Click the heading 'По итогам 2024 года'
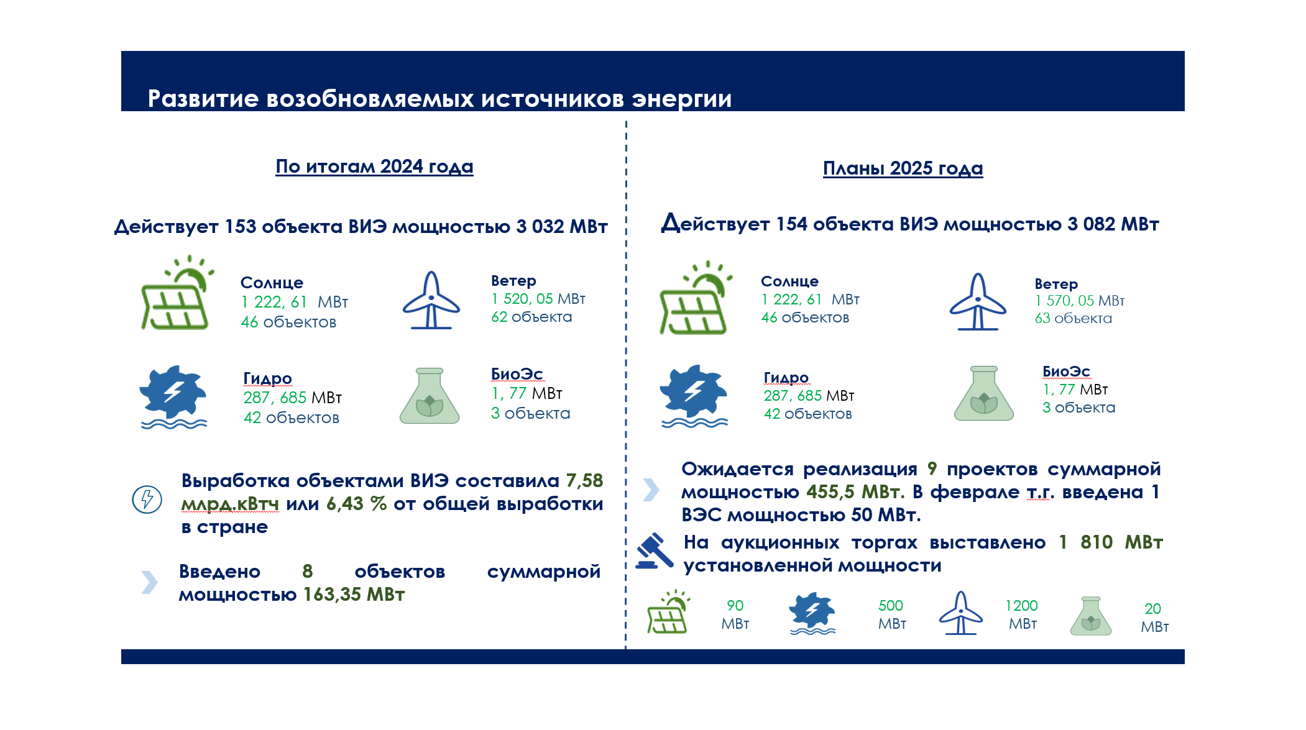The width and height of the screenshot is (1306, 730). pyautogui.click(x=374, y=167)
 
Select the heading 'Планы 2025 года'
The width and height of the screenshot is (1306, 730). pyautogui.click(x=903, y=168)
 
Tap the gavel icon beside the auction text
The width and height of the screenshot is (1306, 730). pyautogui.click(x=655, y=551)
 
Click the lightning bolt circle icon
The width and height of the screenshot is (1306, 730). pyautogui.click(x=147, y=499)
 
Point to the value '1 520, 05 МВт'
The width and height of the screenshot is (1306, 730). pyautogui.click(x=538, y=299)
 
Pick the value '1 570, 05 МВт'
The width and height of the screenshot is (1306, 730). pyautogui.click(x=1080, y=301)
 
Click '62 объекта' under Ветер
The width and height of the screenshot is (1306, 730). pyautogui.click(x=531, y=317)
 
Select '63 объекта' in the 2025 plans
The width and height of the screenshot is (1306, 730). pyautogui.click(x=1074, y=318)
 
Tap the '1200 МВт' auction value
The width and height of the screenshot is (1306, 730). pyautogui.click(x=1022, y=614)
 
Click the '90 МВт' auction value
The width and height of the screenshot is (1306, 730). pyautogui.click(x=735, y=614)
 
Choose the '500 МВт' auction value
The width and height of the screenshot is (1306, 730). pyautogui.click(x=891, y=614)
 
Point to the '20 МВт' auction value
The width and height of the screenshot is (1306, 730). pyautogui.click(x=1154, y=618)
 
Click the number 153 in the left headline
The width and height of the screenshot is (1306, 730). pyautogui.click(x=241, y=227)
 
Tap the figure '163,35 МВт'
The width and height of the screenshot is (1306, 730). pyautogui.click(x=354, y=595)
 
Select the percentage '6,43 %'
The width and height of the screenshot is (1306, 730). pyautogui.click(x=357, y=504)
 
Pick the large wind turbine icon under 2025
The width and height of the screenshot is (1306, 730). pyautogui.click(x=978, y=302)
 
